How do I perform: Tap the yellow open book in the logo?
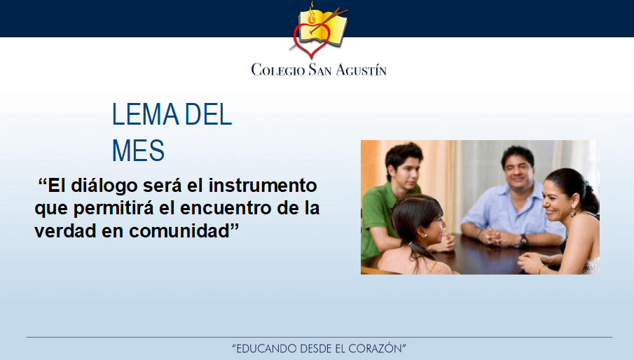[x=323, y=27]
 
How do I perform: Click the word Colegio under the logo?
[x=278, y=69]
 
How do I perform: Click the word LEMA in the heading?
[x=146, y=114]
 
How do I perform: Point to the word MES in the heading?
[x=138, y=151]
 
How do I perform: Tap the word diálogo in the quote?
[x=104, y=186]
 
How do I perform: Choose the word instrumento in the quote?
[x=263, y=186]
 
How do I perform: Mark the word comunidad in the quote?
[x=179, y=231]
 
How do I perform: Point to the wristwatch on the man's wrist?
[x=523, y=240]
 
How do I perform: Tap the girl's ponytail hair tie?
[x=411, y=244]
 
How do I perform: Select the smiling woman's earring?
[x=572, y=212]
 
